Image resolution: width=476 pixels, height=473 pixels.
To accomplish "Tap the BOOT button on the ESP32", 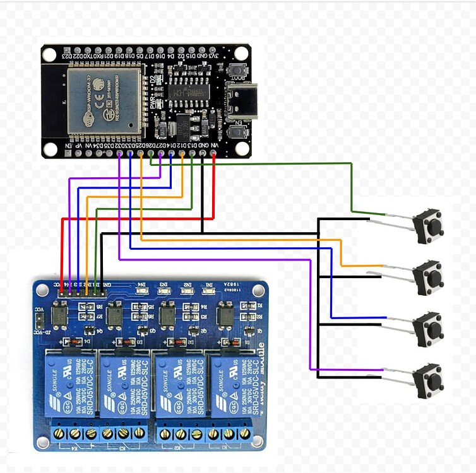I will [238, 71].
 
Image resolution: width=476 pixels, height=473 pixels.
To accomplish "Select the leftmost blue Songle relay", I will [70, 385].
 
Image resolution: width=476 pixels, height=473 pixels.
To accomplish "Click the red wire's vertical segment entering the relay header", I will [61, 252].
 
